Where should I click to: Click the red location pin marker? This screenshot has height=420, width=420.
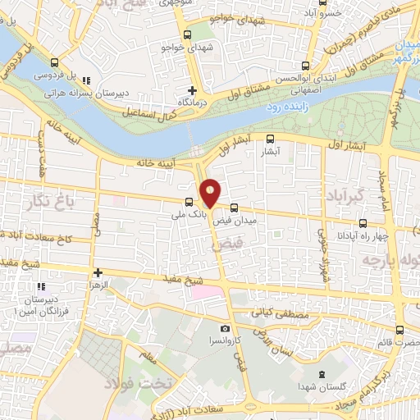pos(211,193)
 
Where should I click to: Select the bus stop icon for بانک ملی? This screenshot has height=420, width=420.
pos(189,201)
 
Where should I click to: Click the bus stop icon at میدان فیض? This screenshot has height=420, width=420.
pos(235,208)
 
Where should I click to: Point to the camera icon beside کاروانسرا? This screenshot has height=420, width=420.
pos(225,327)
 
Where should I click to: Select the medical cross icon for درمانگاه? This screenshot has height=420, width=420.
pos(193,90)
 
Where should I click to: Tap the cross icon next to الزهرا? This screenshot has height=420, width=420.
pos(98,272)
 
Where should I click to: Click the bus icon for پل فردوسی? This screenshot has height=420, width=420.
pos(55,62)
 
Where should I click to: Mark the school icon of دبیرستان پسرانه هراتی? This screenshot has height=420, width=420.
pos(86,80)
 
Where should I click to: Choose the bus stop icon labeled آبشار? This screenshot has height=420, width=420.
pos(270,139)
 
